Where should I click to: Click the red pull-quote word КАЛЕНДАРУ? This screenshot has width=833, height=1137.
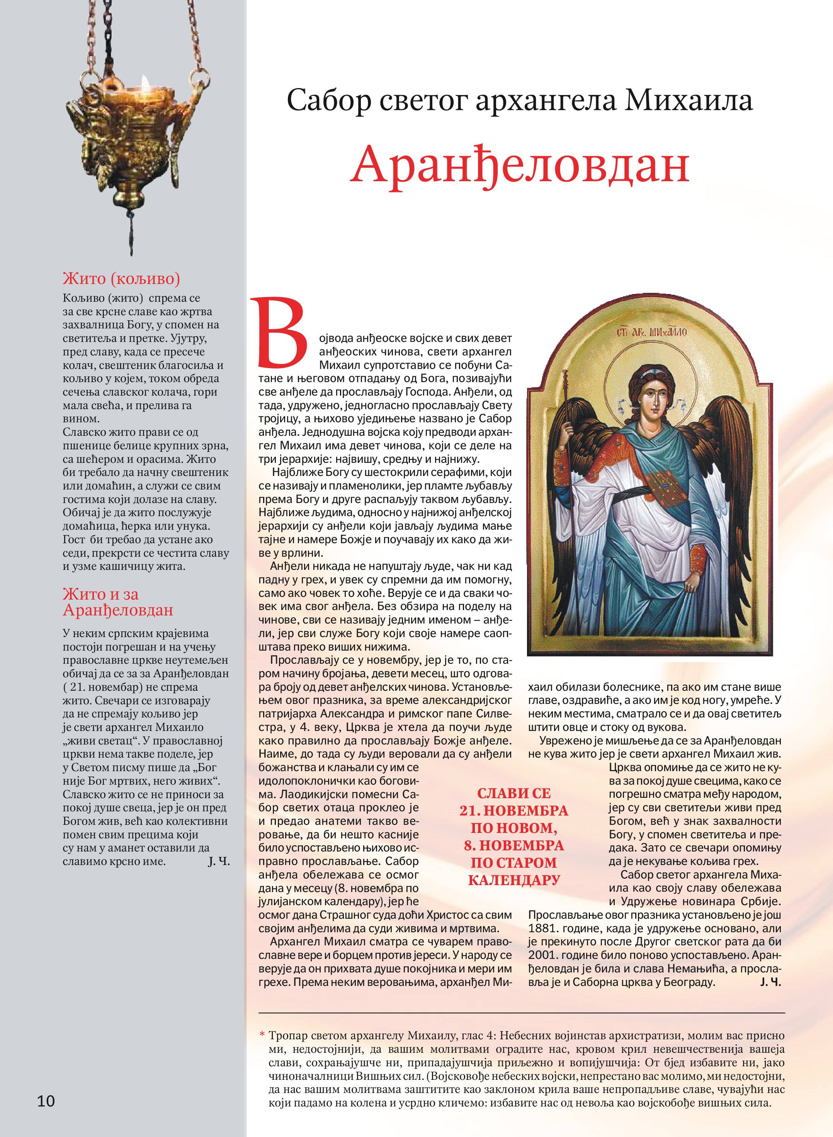[514, 880]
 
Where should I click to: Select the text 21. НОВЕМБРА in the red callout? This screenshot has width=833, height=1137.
[514, 811]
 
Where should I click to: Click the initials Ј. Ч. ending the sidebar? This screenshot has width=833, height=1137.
[219, 861]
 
